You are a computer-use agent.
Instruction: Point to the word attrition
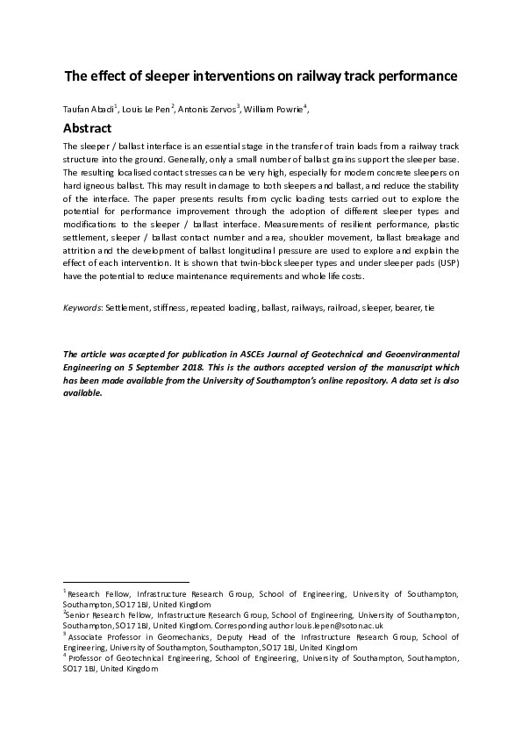pos(80,251)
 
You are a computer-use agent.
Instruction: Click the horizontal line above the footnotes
pos(125,582)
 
